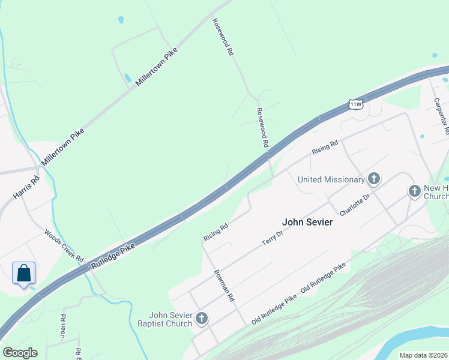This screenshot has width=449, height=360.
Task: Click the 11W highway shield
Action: click(356, 104)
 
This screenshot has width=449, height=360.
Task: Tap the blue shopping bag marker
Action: click(23, 273)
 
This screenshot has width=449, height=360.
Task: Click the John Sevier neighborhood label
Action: click(307, 222)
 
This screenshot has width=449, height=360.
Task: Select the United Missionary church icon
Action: click(374, 179)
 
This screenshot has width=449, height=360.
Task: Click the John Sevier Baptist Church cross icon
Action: click(202, 318)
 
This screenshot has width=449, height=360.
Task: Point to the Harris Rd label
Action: click(26, 187)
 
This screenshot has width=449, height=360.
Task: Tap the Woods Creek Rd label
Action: click(63, 244)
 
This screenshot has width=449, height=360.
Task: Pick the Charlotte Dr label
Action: click(354, 205)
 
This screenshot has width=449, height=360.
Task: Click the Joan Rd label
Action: click(63, 325)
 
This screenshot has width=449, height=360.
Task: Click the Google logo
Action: click(20, 353)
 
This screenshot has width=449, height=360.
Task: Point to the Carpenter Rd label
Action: click(442, 113)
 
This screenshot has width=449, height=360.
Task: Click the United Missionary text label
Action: click(331, 179)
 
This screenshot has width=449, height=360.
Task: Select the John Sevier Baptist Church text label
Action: click(170, 319)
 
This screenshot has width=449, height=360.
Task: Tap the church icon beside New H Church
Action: click(414, 191)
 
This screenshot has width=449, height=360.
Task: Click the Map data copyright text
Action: click(424, 355)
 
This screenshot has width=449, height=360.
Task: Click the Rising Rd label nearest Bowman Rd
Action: click(216, 232)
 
